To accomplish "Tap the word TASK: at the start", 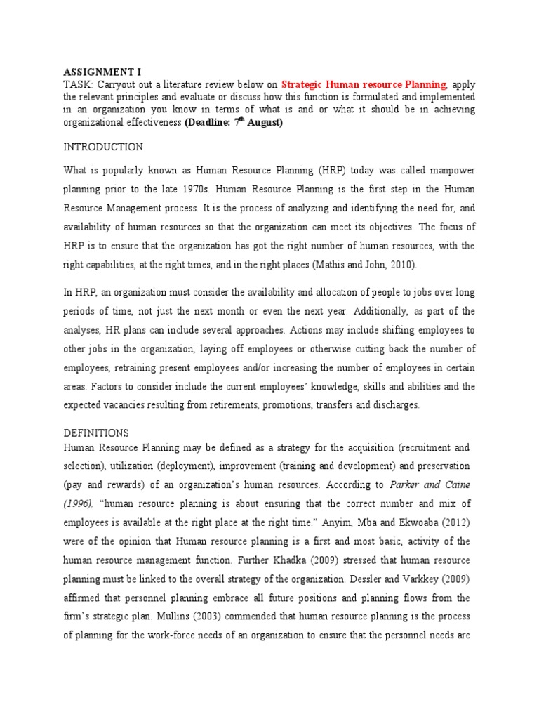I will coord(77,84).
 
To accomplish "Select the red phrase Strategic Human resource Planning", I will coord(364,84).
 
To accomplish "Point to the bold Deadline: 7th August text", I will coord(234,122).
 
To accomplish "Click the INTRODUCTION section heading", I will coord(103,147).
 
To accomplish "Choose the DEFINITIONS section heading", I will coord(96,433).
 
